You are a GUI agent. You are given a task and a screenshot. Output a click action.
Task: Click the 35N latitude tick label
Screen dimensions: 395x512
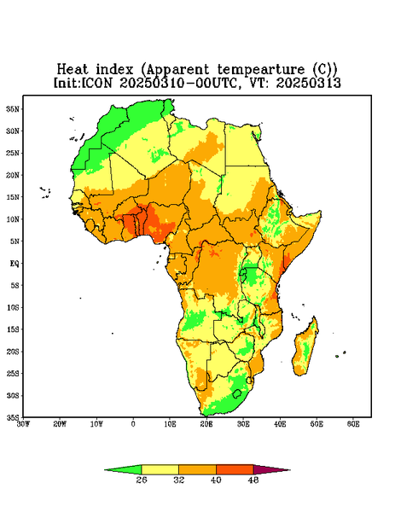13,108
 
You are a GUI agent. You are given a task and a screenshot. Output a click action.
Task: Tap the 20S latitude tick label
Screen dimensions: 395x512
13,352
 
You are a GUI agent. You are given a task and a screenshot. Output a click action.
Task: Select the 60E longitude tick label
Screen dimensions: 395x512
353,424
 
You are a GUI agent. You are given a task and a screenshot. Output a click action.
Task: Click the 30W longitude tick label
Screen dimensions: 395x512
23,424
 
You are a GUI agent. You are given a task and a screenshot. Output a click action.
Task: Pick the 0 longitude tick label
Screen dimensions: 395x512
133,424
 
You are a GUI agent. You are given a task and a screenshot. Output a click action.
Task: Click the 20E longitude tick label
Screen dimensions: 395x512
206,424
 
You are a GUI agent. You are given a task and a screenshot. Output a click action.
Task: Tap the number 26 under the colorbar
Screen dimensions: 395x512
142,480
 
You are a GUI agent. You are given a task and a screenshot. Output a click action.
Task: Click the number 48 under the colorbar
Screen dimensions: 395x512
253,480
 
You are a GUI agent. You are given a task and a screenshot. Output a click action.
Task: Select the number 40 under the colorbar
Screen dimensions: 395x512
216,480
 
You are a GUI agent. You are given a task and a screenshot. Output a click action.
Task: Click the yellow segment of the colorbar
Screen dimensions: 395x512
160,469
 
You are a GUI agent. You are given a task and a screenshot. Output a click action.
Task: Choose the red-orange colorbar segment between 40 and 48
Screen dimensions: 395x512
235,469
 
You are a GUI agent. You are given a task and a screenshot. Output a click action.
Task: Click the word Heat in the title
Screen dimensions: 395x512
73,69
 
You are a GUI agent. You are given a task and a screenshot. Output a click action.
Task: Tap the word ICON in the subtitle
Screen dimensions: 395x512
96,83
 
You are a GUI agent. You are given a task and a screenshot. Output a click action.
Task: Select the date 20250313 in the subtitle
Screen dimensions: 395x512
309,83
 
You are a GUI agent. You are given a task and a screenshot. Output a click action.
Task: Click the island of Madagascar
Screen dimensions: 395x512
305,348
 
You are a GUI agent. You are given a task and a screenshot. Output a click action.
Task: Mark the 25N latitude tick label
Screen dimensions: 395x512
13,153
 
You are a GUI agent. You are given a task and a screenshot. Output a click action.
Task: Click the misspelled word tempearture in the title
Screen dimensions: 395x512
262,70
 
